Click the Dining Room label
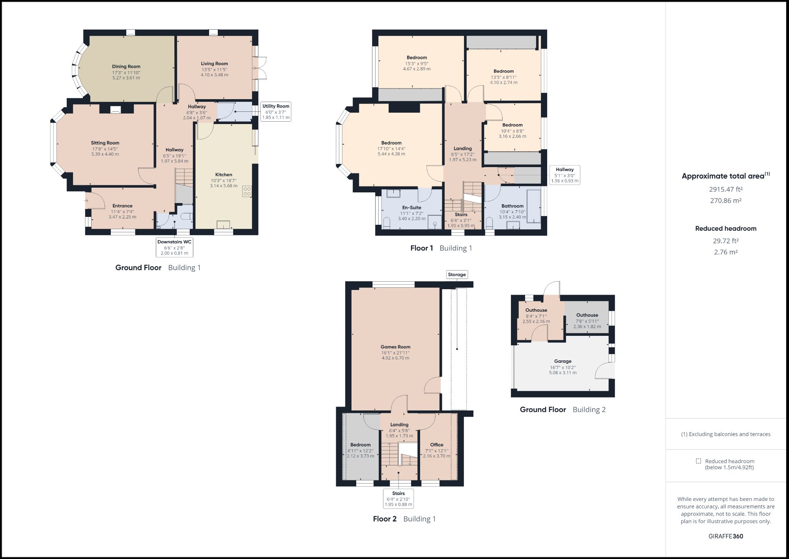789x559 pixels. [x=126, y=66]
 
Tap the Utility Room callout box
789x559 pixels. [x=276, y=111]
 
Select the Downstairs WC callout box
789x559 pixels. [x=174, y=247]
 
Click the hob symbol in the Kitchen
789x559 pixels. [x=247, y=192]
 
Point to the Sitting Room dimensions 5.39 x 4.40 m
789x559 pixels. [x=105, y=154]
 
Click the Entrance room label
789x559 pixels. [x=122, y=206]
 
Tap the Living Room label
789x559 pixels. [x=214, y=64]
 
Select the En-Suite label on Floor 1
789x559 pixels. [x=411, y=207]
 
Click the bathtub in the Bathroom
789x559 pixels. [x=534, y=206]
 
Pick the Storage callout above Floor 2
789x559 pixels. [x=457, y=275]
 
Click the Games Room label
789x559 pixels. [x=395, y=347]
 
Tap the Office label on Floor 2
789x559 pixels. [x=437, y=445]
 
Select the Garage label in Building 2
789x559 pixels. [x=563, y=361]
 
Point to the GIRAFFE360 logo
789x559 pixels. [x=725, y=536]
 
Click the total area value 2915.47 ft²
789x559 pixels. [x=725, y=189]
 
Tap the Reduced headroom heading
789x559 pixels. [x=725, y=228]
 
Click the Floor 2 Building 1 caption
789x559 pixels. [x=404, y=519]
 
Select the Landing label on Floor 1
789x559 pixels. [x=462, y=149]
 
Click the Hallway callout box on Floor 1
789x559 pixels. [x=565, y=175]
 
